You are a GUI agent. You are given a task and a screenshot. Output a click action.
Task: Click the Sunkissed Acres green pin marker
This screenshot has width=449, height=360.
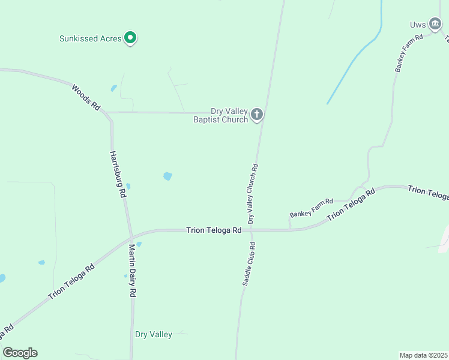click(x=130, y=38)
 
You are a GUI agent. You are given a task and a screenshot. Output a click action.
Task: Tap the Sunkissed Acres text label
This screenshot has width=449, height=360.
click(x=91, y=38)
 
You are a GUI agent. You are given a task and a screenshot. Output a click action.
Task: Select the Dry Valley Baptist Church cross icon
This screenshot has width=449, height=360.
click(x=257, y=114)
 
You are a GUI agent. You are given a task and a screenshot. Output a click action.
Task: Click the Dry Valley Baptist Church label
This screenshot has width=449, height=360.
click(x=220, y=115)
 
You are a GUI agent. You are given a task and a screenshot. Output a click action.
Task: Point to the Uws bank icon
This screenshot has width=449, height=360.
click(x=435, y=23)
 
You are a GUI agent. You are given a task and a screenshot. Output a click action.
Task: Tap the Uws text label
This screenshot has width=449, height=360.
click(x=418, y=25)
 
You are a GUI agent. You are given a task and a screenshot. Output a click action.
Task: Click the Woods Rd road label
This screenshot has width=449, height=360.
click(x=85, y=97)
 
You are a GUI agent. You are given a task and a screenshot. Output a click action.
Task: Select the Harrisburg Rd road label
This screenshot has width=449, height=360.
click(x=117, y=174)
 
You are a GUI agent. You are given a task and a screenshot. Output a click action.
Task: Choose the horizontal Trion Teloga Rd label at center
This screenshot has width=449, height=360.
click(x=214, y=230)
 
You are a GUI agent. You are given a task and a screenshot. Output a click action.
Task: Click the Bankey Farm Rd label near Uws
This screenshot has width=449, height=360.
click(x=409, y=53)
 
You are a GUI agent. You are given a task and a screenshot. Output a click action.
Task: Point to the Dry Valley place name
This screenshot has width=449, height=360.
click(x=154, y=335)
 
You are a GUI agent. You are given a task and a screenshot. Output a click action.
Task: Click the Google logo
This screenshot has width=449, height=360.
click(x=20, y=353)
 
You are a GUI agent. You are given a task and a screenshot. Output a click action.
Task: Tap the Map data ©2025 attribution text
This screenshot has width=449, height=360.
click(x=423, y=355)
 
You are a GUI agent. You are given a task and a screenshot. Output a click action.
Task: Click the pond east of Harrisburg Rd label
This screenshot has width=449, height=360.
click(x=167, y=176)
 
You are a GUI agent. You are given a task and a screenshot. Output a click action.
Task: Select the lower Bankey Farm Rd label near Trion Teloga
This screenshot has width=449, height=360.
click(x=311, y=207)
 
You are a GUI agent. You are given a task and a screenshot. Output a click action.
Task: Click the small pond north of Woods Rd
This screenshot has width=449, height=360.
click(x=114, y=88)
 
